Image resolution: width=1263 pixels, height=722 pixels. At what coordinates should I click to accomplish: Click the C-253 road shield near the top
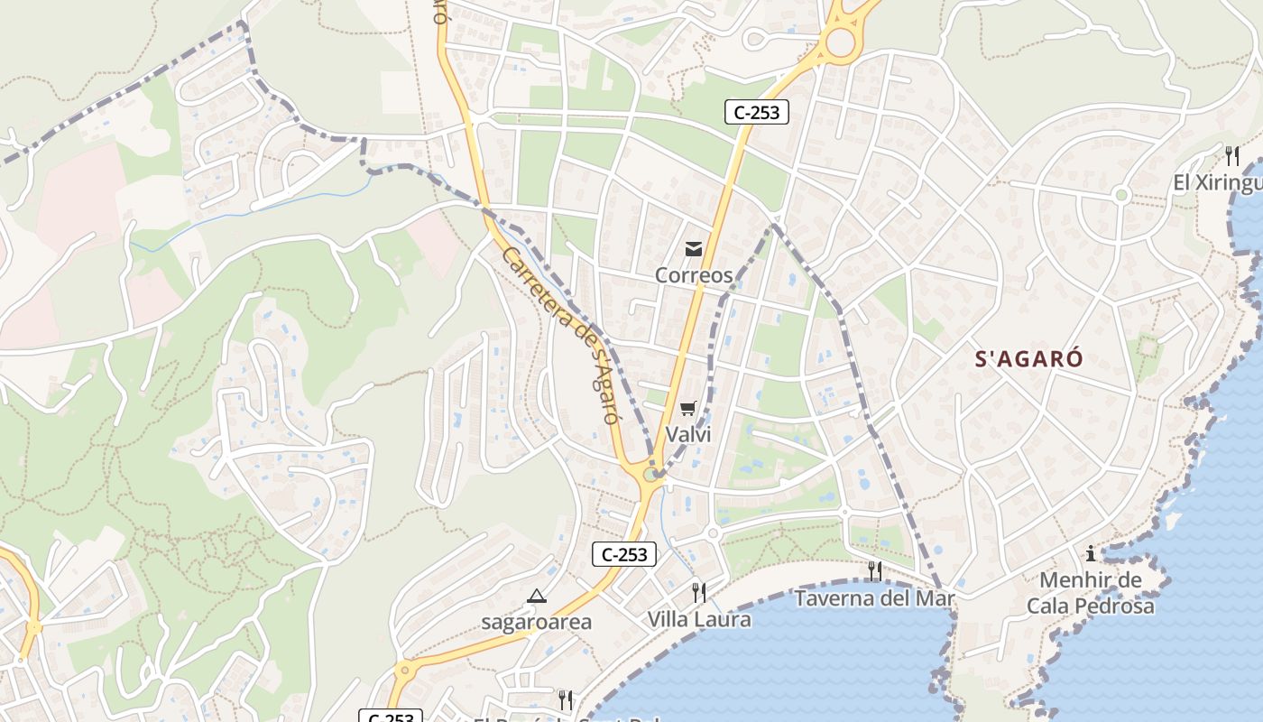(757, 112)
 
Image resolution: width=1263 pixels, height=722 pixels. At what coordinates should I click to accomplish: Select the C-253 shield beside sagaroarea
(624, 554)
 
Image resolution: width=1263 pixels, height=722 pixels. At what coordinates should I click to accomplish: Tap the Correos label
(694, 275)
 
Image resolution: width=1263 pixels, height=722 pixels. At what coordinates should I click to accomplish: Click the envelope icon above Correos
(694, 249)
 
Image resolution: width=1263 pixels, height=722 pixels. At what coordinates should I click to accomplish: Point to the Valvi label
(688, 434)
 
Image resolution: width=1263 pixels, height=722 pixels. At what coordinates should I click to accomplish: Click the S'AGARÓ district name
(1029, 359)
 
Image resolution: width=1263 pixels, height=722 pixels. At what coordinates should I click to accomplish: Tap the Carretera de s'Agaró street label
(560, 335)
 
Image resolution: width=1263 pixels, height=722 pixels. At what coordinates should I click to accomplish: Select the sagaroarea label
(536, 622)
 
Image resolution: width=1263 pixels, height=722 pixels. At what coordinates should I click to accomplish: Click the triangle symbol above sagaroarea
(537, 596)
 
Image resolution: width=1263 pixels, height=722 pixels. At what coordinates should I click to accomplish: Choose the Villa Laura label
(699, 619)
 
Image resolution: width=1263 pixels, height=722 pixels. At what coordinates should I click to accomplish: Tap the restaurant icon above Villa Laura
(699, 592)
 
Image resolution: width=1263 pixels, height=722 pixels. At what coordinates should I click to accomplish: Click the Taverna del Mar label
(874, 597)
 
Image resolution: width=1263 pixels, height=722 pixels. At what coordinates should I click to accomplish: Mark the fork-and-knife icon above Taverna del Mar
(874, 570)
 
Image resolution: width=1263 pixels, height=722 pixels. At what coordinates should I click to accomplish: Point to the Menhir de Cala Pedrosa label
(1091, 593)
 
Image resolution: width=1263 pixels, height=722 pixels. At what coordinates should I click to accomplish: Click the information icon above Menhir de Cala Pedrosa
(1091, 553)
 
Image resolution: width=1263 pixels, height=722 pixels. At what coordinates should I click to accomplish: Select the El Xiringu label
(1217, 183)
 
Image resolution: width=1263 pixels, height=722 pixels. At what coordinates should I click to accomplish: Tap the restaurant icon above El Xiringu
(1232, 155)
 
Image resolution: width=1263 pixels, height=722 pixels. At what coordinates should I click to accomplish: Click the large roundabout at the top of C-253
(840, 42)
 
